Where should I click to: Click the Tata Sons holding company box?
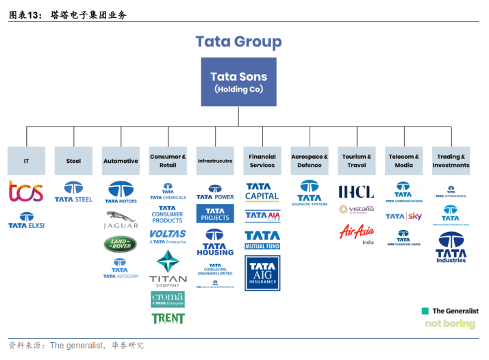pyautogui.click(x=238, y=81)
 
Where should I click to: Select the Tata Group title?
pyautogui.click(x=238, y=41)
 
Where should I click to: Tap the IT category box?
pyautogui.click(x=26, y=161)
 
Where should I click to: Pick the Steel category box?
pyautogui.click(x=73, y=161)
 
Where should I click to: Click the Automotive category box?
pyautogui.click(x=121, y=161)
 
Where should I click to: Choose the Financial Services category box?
pyautogui.click(x=262, y=161)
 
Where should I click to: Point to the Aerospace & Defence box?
pyautogui.click(x=310, y=161)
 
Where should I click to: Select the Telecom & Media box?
pyautogui.click(x=404, y=161)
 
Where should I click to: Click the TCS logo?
pyautogui.click(x=26, y=191)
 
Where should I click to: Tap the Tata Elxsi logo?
pyautogui.click(x=26, y=220)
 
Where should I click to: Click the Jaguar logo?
pyautogui.click(x=121, y=219)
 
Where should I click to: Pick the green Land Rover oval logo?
pyautogui.click(x=121, y=244)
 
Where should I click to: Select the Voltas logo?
pyautogui.click(x=168, y=236)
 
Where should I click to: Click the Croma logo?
pyautogui.click(x=168, y=299)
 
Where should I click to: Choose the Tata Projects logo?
pyautogui.click(x=215, y=214)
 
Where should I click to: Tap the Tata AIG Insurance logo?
pyautogui.click(x=262, y=273)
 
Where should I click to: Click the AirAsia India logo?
pyautogui.click(x=357, y=233)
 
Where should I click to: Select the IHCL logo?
pyautogui.click(x=357, y=191)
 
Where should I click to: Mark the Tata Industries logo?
pyautogui.click(x=451, y=247)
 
